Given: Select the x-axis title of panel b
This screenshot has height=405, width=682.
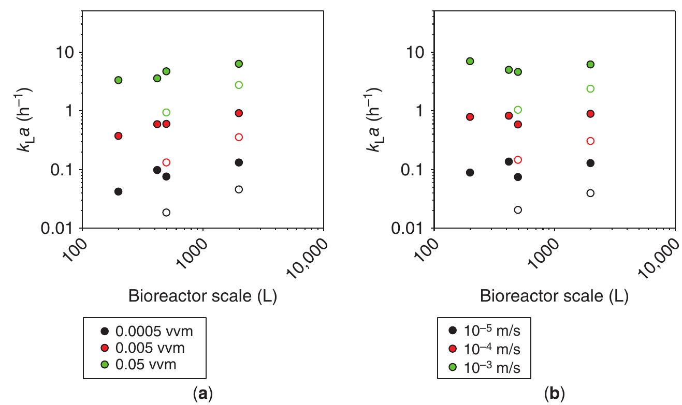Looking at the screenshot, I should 554,297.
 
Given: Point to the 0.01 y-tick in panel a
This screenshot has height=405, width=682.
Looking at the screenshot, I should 61,228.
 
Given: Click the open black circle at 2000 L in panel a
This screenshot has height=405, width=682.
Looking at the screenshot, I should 239,189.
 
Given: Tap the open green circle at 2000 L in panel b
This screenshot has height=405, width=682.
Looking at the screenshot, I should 590,89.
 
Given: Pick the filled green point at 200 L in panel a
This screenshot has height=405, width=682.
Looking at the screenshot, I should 118,80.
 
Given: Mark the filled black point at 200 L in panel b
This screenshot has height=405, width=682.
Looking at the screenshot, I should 470,172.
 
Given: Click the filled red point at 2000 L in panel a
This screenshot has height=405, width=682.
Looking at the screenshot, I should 239,113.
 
